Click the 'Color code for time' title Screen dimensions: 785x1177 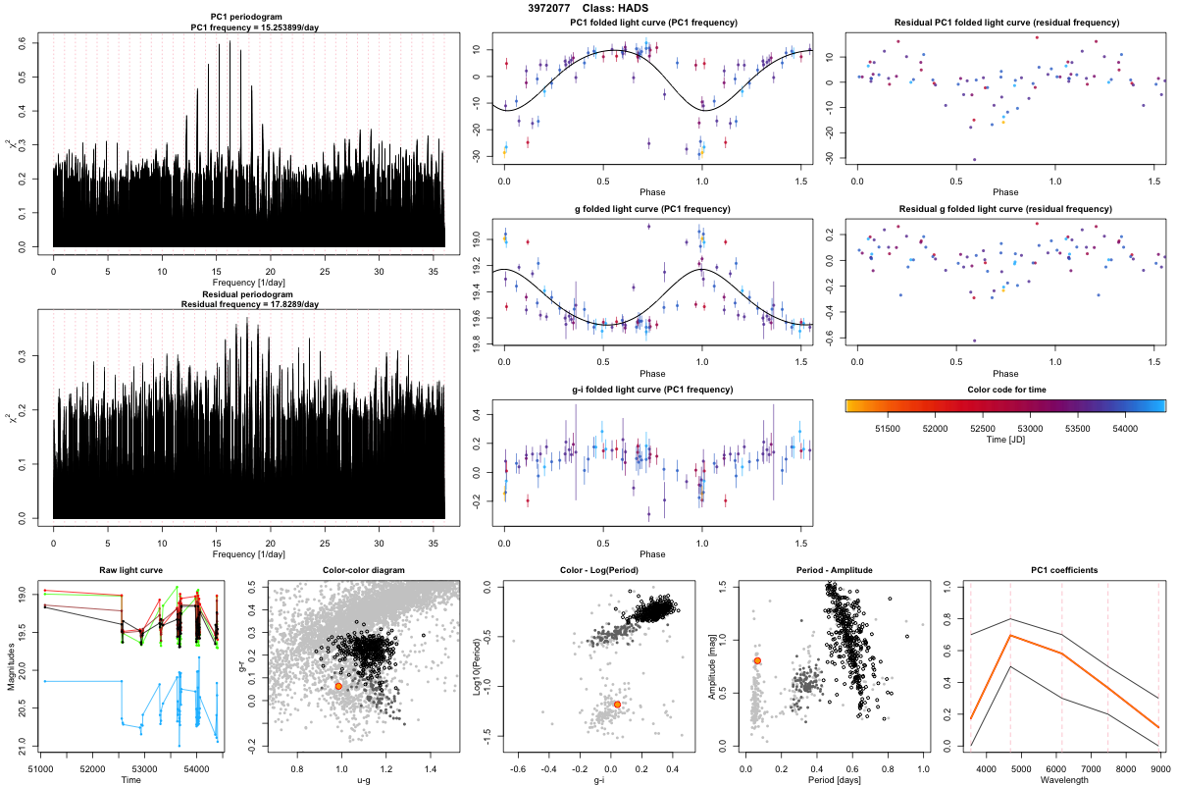(x=1004, y=390)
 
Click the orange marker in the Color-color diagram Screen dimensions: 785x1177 (x=338, y=686)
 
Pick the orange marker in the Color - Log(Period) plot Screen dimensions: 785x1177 (x=617, y=705)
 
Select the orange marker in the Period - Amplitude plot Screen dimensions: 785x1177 (x=757, y=661)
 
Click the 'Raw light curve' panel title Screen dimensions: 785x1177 (x=131, y=571)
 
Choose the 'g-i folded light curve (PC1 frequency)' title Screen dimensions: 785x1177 (x=642, y=390)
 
